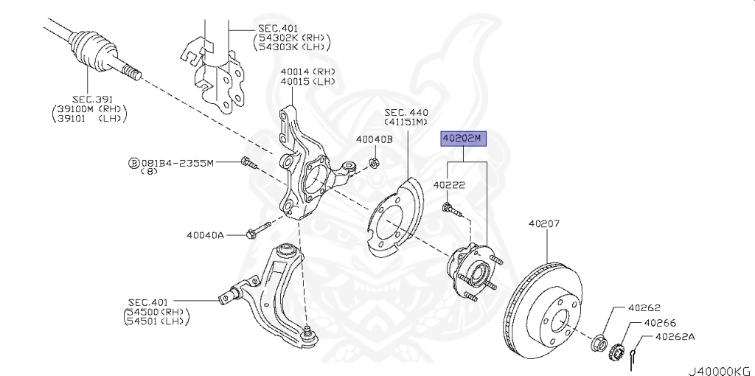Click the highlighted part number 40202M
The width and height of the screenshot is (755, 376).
(x=461, y=138)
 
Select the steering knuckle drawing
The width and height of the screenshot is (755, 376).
(x=306, y=173)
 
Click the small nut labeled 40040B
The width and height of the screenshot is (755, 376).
(x=373, y=161)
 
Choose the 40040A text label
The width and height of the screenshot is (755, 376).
(x=206, y=236)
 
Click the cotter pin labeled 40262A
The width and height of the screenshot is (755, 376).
(x=636, y=355)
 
